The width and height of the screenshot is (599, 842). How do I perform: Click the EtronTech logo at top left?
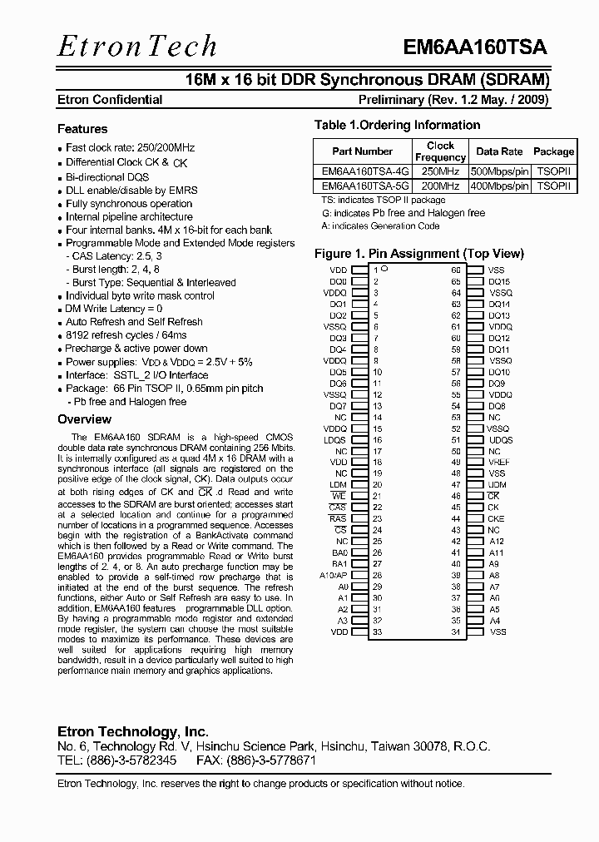pyautogui.click(x=137, y=46)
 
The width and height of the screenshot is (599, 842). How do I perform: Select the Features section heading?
pyautogui.click(x=82, y=129)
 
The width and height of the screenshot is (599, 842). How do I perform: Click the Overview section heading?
pyautogui.click(x=84, y=419)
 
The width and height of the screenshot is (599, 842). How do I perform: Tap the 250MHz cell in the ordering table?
pyautogui.click(x=440, y=172)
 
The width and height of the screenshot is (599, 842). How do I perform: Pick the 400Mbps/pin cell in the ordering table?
pyautogui.click(x=499, y=186)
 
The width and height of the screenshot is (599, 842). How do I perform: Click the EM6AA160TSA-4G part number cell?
pyautogui.click(x=364, y=172)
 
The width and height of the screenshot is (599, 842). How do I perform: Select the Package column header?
pyautogui.click(x=553, y=151)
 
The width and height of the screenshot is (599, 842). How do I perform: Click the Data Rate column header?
pyautogui.click(x=499, y=151)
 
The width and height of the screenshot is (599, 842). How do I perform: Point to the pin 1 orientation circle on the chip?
pyautogui.click(x=384, y=270)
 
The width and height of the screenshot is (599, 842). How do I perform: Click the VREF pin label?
pyautogui.click(x=499, y=462)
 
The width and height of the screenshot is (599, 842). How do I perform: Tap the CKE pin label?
pyautogui.click(x=496, y=518)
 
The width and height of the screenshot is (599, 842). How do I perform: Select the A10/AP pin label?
pyautogui.click(x=334, y=575)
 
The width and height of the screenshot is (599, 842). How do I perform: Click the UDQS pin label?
pyautogui.click(x=500, y=439)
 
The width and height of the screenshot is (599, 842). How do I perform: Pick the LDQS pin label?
pyautogui.click(x=335, y=439)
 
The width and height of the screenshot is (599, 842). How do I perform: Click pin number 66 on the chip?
pyautogui.click(x=456, y=270)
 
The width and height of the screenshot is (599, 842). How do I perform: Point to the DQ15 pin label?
pyautogui.click(x=499, y=281)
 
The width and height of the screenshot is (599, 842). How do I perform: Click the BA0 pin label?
pyautogui.click(x=339, y=552)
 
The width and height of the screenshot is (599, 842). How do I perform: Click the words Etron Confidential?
pyautogui.click(x=110, y=100)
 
